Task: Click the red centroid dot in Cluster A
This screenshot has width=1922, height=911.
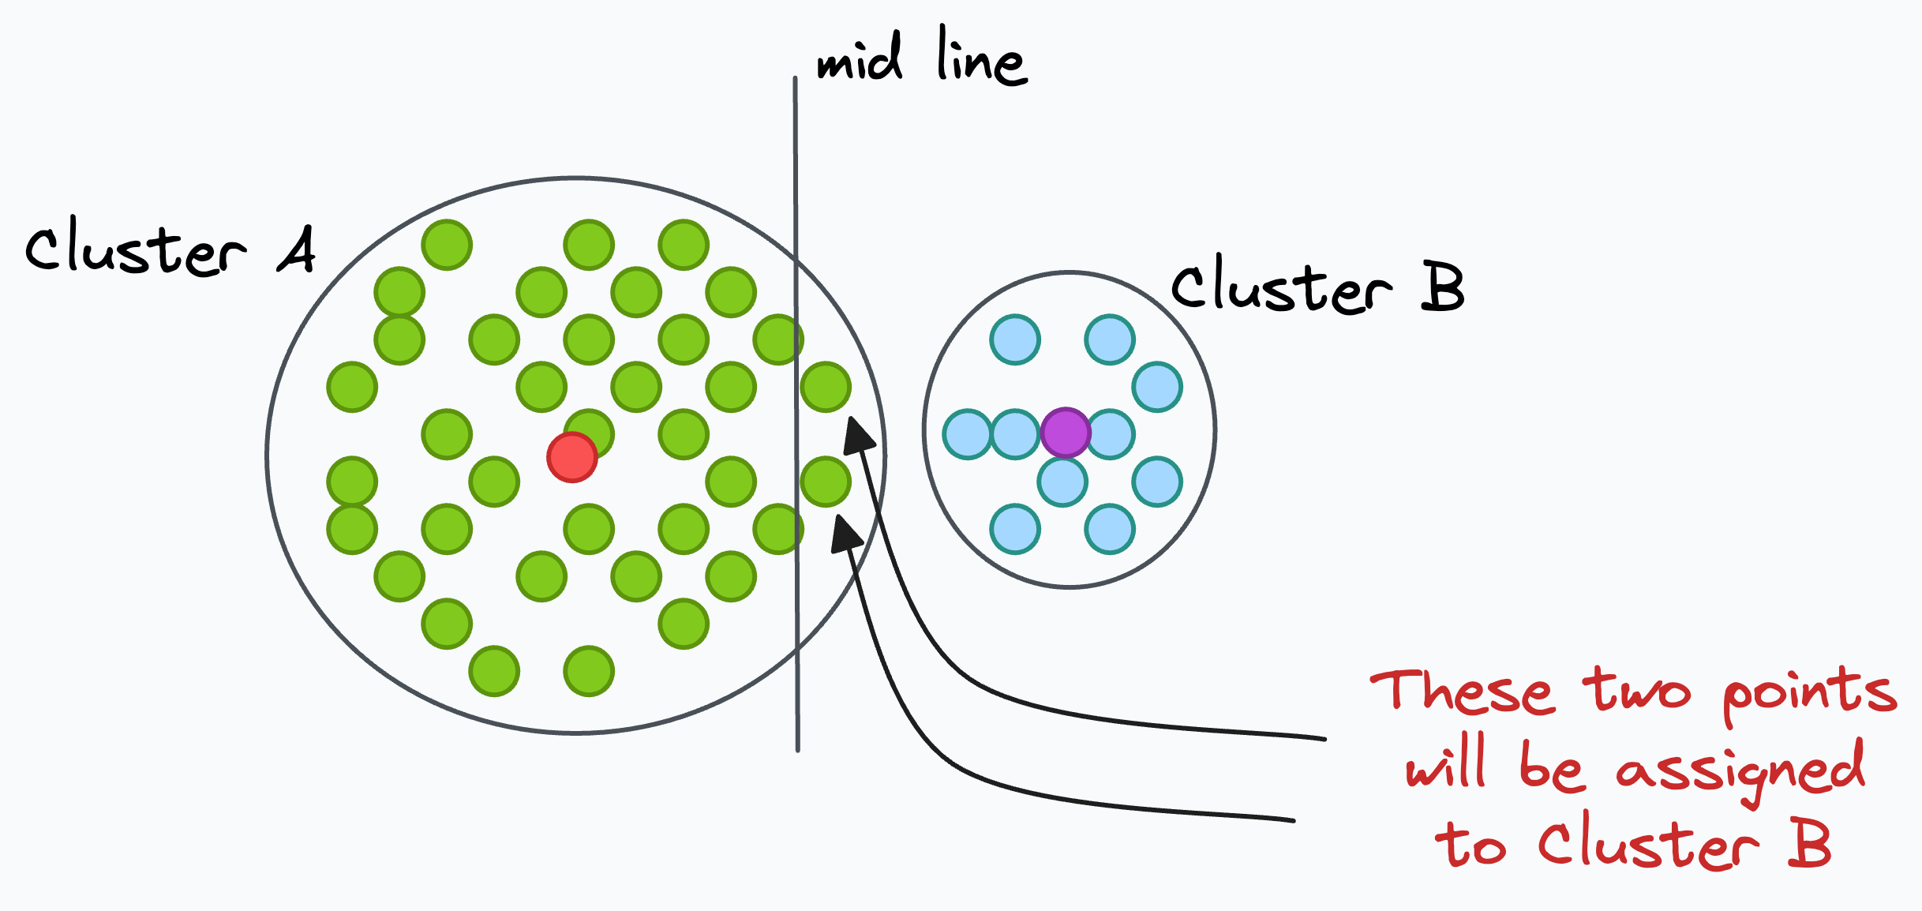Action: [572, 457]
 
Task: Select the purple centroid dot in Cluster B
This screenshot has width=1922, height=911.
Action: [1066, 433]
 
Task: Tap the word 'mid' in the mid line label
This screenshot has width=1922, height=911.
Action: [860, 58]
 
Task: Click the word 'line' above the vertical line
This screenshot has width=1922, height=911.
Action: [982, 57]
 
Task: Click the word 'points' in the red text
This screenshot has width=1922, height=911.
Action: [1809, 693]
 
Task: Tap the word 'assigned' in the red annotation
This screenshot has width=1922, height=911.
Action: [1740, 770]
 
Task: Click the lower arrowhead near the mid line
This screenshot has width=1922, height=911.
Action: [846, 534]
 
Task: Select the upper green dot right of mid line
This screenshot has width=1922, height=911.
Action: [826, 387]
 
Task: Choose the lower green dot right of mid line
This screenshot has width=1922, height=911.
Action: [826, 482]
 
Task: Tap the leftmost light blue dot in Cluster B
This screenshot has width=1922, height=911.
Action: [967, 434]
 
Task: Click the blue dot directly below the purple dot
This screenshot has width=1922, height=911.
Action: [1062, 482]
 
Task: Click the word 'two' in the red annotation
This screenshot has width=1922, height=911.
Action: [1637, 692]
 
